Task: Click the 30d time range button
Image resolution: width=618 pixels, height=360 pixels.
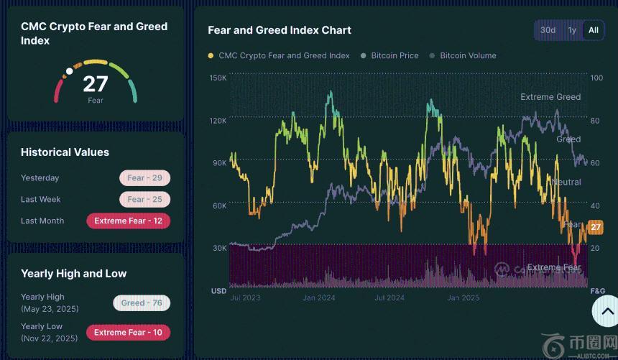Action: [548, 30]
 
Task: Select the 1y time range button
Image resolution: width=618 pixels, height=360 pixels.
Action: [572, 30]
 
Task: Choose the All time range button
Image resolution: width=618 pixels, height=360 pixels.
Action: [593, 30]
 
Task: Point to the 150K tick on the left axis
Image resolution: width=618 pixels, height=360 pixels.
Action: [218, 78]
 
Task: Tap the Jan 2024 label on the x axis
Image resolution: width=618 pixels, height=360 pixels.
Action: [318, 297]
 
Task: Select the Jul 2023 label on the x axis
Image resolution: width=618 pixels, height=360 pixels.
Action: [245, 297]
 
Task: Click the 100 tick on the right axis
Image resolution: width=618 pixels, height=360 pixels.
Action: [596, 78]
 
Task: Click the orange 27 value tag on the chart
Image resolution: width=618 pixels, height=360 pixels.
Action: [595, 227]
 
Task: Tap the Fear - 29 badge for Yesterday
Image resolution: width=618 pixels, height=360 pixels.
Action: [144, 178]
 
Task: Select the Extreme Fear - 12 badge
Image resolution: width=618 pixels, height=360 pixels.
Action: [128, 221]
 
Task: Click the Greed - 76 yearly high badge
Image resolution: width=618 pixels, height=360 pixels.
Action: [141, 303]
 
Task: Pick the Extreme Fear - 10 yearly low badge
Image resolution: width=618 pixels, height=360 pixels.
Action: [128, 333]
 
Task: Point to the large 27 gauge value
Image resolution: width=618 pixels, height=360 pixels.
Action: [95, 84]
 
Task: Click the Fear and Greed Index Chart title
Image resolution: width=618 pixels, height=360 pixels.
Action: [280, 30]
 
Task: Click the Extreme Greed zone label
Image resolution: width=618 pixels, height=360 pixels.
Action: [550, 97]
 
